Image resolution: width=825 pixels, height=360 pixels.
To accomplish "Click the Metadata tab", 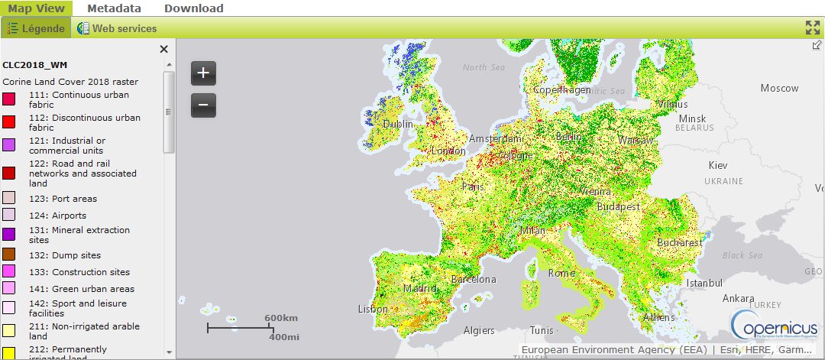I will pos(114,8).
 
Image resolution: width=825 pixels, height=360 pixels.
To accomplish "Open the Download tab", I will pos(194,8).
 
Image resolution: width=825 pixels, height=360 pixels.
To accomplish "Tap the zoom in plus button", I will pos(203,73).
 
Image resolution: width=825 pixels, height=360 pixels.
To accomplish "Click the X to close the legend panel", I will pos(163,50).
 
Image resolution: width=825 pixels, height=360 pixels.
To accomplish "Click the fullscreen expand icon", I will pos(813,28).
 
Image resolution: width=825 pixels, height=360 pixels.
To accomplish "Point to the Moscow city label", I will pos(779,88).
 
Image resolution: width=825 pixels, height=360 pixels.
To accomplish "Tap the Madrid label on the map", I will pos(419,289).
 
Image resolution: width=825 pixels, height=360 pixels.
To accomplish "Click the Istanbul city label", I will pos(704,283).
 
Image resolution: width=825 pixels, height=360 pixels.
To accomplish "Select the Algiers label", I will pos(480,331).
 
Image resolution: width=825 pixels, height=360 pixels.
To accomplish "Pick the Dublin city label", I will pos(398,124).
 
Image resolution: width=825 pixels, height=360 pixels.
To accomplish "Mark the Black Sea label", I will pos(743,255).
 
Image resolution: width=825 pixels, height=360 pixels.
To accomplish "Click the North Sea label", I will pos(484,67).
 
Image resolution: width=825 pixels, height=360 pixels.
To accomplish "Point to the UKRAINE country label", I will pos(723,181).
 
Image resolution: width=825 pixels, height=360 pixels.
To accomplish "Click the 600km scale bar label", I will pos(280,317).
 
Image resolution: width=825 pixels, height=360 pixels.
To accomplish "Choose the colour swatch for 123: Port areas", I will pos(8,198).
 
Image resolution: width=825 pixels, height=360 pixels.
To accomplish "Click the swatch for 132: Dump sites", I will pos(8,255).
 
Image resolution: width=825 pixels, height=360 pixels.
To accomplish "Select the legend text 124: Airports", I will pos(57,216).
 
